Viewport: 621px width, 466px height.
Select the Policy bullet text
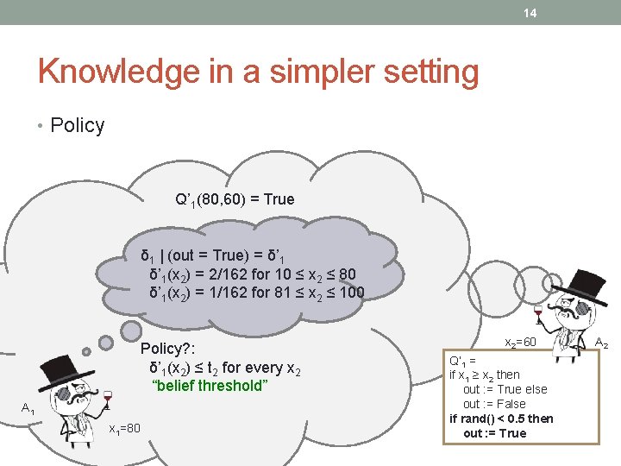coord(77,125)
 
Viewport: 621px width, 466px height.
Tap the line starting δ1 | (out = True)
coord(216,256)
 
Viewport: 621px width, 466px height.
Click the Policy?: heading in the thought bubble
coord(168,349)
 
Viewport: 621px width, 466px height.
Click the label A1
coord(28,408)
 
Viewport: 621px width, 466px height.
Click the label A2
coord(602,343)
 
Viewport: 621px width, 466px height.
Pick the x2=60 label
coord(521,343)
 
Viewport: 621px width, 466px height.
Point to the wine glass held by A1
coord(107,398)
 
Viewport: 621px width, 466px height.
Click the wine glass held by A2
coord(539,311)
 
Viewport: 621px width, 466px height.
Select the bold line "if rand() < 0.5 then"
coord(501,419)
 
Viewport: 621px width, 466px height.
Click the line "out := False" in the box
coord(494,404)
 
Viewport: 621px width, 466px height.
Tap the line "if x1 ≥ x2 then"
coord(485,375)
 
